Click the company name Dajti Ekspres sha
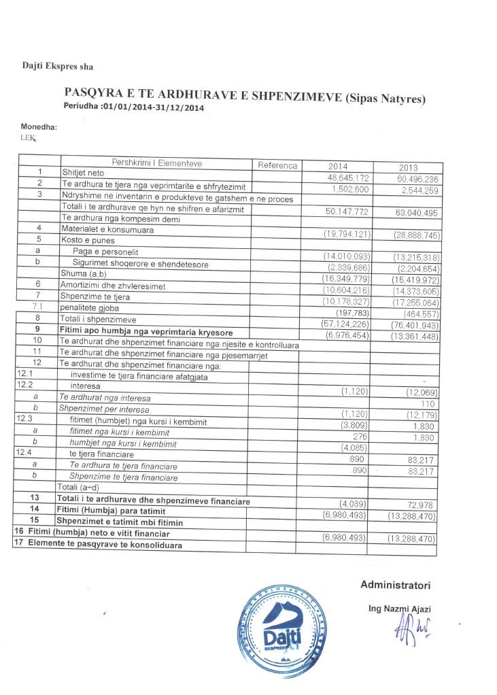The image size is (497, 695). pos(57,67)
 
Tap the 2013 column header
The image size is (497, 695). pos(409,168)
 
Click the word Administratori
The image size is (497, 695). pos(395,586)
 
